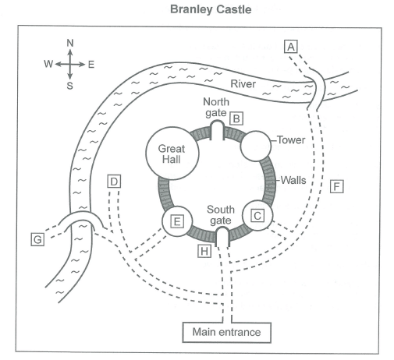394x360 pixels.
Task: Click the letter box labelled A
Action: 291,47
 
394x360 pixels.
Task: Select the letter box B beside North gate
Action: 236,118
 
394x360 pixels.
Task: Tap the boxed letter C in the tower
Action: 257,216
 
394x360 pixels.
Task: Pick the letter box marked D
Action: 114,182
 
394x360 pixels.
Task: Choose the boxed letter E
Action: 177,221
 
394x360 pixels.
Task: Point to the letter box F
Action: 337,186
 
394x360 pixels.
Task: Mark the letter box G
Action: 37,239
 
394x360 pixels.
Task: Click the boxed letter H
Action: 204,251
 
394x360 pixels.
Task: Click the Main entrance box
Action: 227,332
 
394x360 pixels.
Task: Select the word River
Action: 243,84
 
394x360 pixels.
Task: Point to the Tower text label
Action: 291,139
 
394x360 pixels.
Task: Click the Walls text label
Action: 293,180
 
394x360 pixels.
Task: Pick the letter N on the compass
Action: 70,43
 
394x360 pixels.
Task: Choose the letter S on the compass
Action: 70,86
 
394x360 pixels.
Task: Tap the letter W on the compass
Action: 48,64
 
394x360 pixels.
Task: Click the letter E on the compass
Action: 91,64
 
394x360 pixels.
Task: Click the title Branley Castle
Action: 211,9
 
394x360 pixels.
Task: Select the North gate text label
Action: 216,108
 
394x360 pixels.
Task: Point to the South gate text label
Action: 221,215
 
